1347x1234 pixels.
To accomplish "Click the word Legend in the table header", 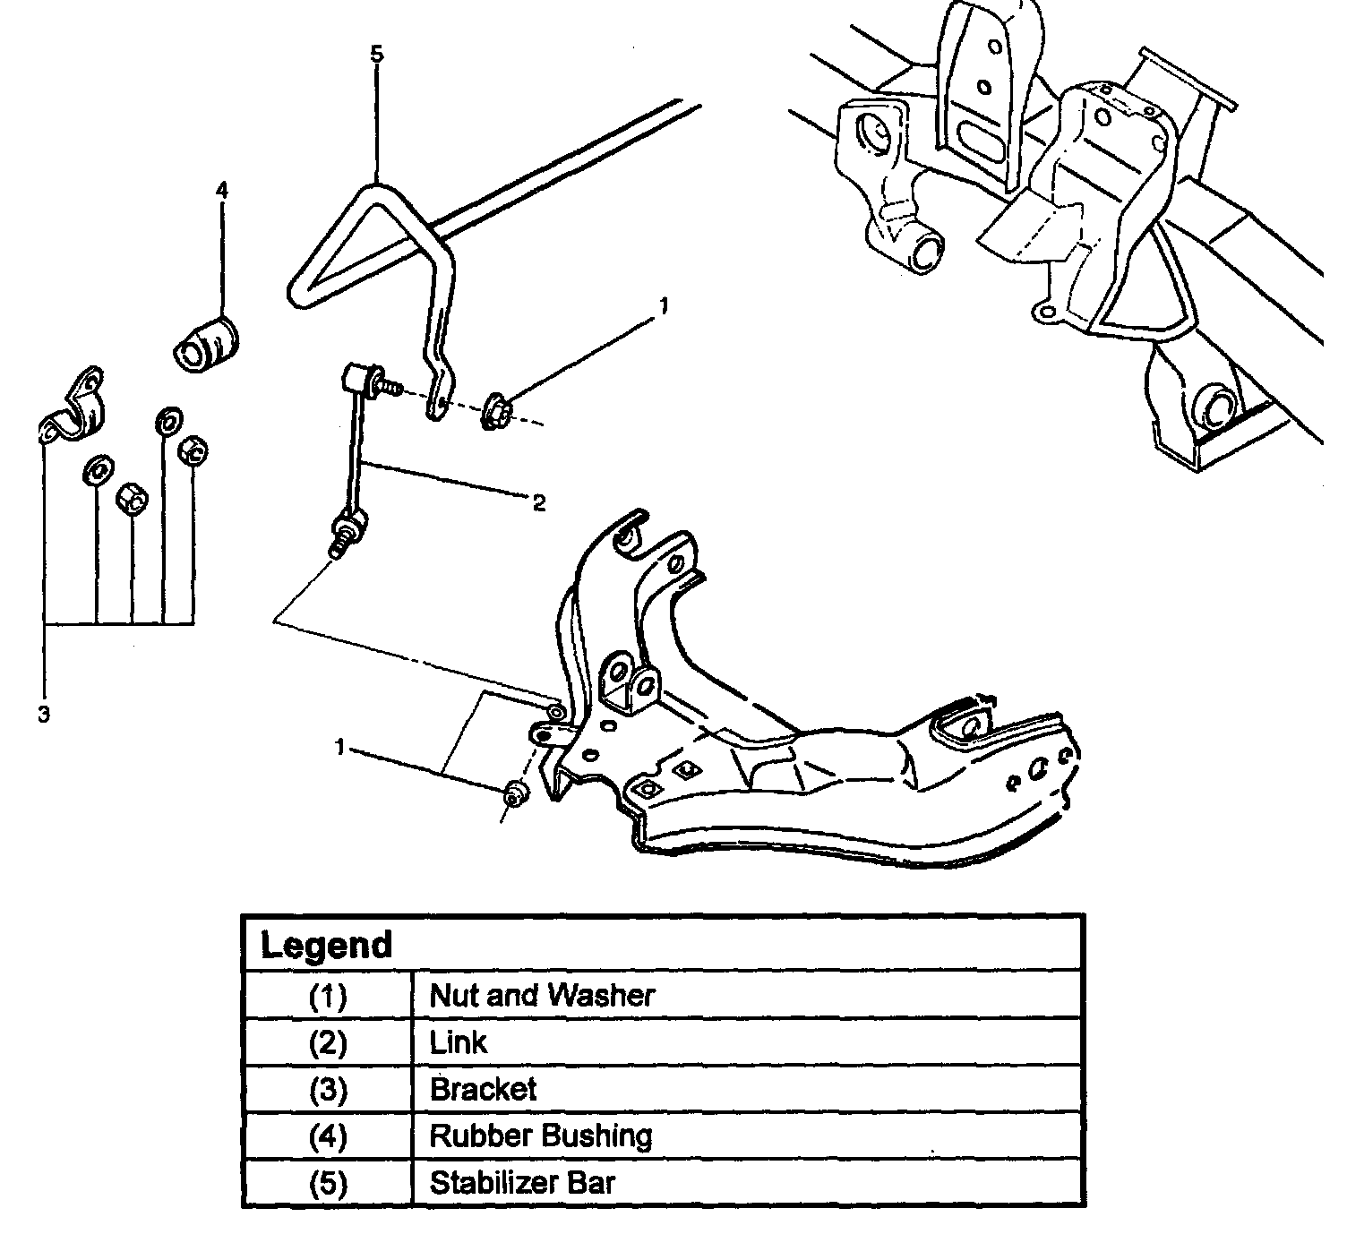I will (326, 946).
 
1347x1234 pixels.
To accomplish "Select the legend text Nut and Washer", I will (542, 995).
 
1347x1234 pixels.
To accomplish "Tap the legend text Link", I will (459, 1042).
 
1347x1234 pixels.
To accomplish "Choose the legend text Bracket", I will (483, 1089).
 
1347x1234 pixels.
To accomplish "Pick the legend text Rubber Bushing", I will (540, 1135).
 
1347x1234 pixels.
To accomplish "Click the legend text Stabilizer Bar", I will (522, 1182).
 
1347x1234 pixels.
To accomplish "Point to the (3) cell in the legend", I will (327, 1090).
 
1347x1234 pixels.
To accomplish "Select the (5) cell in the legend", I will (327, 1183).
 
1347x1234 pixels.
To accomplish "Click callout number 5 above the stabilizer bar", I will (376, 55).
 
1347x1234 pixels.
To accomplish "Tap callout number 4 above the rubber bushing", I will (221, 190).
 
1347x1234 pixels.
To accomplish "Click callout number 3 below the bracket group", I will (43, 715).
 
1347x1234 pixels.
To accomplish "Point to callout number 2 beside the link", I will (538, 503).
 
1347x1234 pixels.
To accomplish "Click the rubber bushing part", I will (207, 344).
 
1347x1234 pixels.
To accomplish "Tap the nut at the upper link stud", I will (496, 411).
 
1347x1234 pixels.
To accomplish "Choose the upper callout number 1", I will (663, 306).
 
